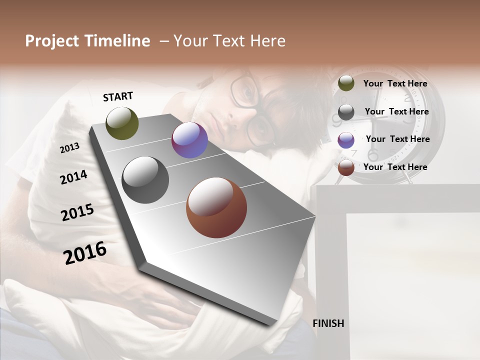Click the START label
118,96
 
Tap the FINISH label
328,323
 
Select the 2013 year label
70,147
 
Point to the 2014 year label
73,177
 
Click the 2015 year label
77,212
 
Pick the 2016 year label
85,252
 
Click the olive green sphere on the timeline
122,123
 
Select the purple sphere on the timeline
189,140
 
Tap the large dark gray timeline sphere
145,180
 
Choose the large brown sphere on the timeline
216,207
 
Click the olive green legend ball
346,83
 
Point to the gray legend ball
346,111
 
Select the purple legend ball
346,139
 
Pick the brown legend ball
346,167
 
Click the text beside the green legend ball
395,83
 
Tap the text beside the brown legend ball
395,167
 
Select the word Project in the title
51,41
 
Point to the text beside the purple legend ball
397,139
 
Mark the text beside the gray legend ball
396,111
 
